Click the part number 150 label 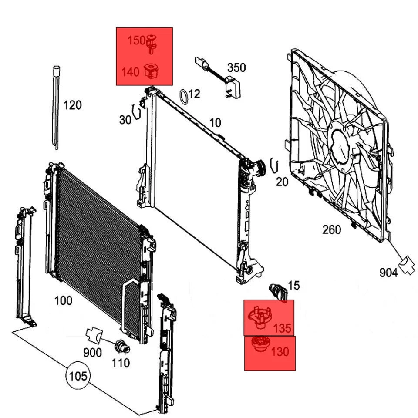tap(136, 41)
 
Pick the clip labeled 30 tap(136, 112)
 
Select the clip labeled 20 tap(274, 165)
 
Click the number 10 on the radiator tap(215, 123)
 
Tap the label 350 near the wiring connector tap(236, 67)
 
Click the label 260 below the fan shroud tap(331, 229)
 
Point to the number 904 tap(388, 273)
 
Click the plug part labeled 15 tap(278, 290)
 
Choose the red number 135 tap(282, 327)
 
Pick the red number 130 tap(280, 351)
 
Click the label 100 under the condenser tap(63, 300)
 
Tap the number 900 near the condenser tap(92, 353)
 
